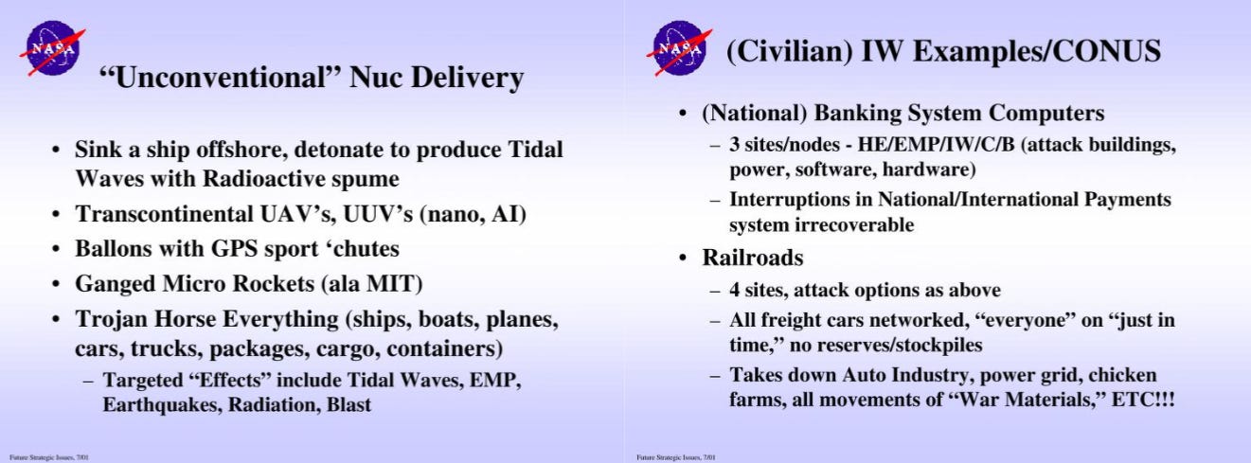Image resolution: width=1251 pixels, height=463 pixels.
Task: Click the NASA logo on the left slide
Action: click(x=52, y=48)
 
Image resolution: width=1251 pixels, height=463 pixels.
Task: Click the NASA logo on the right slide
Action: click(x=680, y=48)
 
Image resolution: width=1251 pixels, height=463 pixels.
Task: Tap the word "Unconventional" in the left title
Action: click(x=220, y=77)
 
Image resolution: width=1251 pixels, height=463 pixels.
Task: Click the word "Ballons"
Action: click(x=114, y=248)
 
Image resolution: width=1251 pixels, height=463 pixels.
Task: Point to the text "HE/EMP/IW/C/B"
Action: click(x=936, y=145)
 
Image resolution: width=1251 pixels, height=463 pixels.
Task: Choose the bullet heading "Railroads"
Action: click(x=753, y=258)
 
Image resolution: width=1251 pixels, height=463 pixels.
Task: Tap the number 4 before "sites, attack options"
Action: click(x=734, y=291)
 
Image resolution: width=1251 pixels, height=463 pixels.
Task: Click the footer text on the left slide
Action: click(x=49, y=457)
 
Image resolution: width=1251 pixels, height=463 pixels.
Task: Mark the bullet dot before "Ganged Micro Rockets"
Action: click(x=55, y=284)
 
